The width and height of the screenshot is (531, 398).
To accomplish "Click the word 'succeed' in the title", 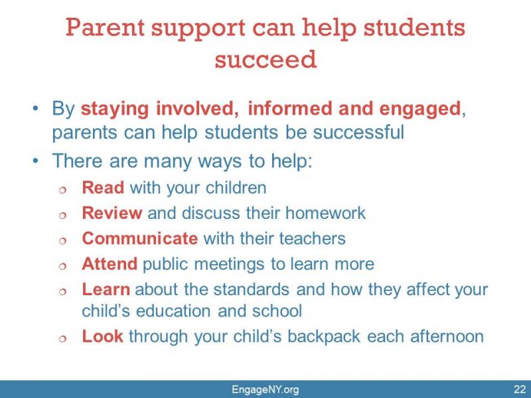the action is point(265,59).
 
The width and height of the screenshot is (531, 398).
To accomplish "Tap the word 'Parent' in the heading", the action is point(105,27).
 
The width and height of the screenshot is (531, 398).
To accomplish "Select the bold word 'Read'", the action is point(103,188).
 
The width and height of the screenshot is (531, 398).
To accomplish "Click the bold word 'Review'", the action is point(112,213).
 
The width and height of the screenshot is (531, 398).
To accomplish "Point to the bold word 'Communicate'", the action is point(140,238).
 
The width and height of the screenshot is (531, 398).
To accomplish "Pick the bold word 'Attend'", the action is point(110,263).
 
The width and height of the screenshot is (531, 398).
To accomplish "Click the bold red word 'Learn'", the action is point(106,289).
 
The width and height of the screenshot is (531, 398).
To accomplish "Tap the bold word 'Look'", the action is point(102,336).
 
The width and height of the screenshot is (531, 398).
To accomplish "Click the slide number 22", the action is point(520,389).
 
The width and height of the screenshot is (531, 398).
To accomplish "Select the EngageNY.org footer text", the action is point(265,389).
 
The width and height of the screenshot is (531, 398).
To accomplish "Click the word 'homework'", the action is point(325,213).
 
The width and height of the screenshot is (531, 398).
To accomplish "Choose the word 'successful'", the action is point(358,131).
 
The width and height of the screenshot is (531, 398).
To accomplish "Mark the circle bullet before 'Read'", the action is point(62,190).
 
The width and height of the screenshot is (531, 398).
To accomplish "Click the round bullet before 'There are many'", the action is point(36,161).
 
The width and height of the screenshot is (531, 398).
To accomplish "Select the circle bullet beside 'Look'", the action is point(62,338).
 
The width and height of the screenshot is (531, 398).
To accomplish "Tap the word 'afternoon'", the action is point(447,336).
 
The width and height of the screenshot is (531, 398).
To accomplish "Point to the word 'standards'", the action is point(252,289).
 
